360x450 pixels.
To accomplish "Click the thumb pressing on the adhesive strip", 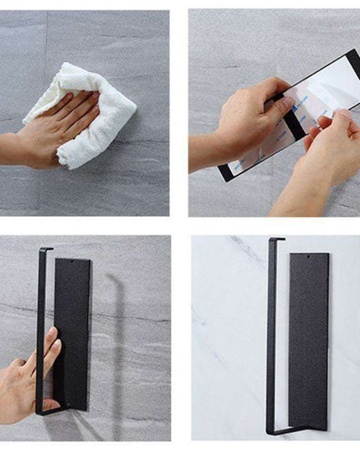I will (280, 105).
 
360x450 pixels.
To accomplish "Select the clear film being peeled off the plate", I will (322, 92).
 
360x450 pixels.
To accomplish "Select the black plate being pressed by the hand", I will (74, 327).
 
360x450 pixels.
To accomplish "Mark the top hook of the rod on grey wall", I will (47, 249).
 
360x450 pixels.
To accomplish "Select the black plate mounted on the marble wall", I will (309, 339).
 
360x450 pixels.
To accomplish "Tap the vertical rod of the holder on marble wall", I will (270, 335).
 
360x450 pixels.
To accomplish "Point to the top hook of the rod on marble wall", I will (277, 241).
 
